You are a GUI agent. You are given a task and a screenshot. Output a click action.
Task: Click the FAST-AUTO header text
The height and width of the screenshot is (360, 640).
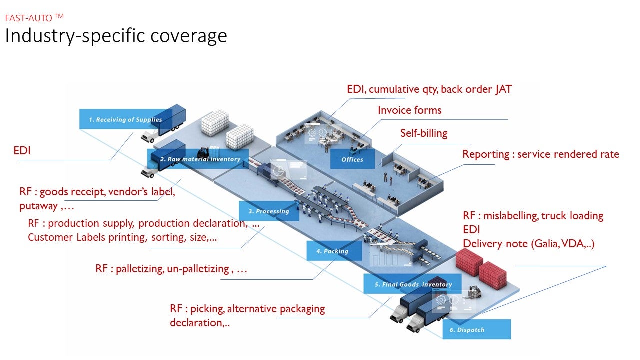pyautogui.click(x=34, y=18)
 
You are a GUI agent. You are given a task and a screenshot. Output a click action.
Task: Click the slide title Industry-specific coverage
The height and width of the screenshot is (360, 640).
pyautogui.click(x=116, y=36)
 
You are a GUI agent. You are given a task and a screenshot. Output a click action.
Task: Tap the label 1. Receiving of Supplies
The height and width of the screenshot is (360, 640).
pyautogui.click(x=125, y=120)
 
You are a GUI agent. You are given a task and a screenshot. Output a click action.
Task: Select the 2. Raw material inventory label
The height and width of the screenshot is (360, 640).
pyautogui.click(x=200, y=159)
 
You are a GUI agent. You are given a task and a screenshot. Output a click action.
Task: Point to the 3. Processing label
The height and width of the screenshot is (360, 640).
pyautogui.click(x=269, y=211)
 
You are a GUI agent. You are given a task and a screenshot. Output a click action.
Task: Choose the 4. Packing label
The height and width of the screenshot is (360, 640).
pyautogui.click(x=332, y=251)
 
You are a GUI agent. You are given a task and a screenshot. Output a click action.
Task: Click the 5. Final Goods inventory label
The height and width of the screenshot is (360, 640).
pyautogui.click(x=413, y=284)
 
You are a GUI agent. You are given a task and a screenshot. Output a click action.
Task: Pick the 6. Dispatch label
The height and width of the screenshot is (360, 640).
pyautogui.click(x=471, y=330)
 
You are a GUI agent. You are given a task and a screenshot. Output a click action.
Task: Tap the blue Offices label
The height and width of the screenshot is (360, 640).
pyautogui.click(x=352, y=159)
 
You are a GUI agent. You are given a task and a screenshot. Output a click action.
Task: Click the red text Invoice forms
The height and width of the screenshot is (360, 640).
pyautogui.click(x=409, y=110)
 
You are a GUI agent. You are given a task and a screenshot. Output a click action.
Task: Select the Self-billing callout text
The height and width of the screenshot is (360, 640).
pyautogui.click(x=423, y=133)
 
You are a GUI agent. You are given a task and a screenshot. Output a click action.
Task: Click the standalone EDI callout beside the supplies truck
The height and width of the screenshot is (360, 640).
pyautogui.click(x=22, y=150)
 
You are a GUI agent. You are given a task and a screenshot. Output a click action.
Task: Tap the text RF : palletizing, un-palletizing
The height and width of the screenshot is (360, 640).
pyautogui.click(x=171, y=269)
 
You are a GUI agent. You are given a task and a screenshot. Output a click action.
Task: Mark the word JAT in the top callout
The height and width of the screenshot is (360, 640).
pyautogui.click(x=501, y=90)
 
